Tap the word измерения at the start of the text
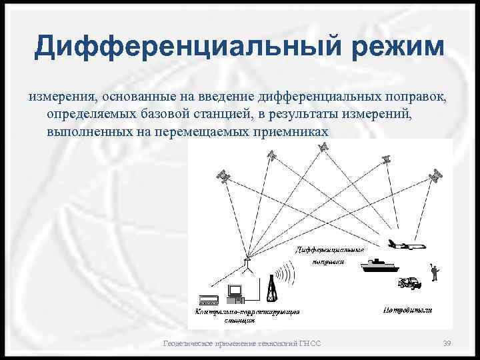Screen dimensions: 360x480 (59, 97)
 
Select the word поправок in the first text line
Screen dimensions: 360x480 (413, 97)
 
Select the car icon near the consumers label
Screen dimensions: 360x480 (409, 283)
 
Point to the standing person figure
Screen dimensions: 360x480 (434, 272)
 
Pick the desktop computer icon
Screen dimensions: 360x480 (235, 292)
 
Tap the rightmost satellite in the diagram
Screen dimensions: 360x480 (436, 175)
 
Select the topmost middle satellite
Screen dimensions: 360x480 (323, 146)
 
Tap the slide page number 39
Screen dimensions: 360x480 (447, 343)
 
